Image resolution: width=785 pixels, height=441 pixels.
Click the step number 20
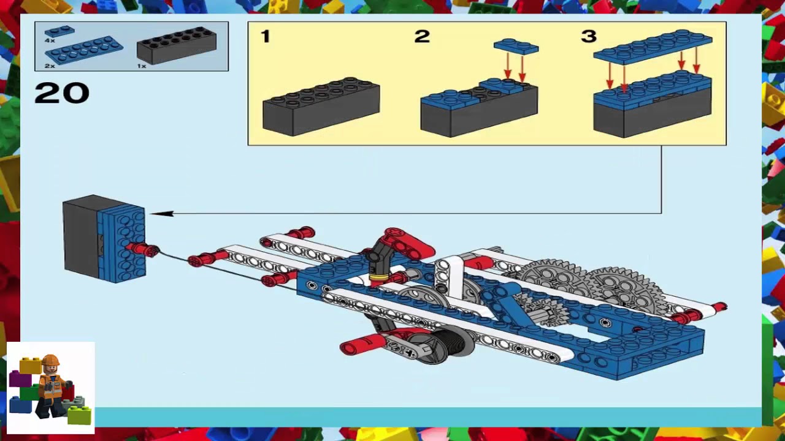62,93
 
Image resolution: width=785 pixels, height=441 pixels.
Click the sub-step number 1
265,37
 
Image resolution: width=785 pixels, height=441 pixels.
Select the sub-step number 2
422,37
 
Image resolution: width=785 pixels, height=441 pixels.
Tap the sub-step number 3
588,37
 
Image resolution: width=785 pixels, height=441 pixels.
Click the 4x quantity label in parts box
49,40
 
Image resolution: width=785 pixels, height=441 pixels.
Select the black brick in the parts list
177,45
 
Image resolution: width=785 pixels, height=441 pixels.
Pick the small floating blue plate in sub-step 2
516,47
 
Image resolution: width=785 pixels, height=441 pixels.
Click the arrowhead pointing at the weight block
161,214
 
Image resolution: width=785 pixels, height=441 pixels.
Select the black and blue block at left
103,238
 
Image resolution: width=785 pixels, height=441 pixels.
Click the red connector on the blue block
144,249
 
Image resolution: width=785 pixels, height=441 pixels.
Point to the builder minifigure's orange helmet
50,361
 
